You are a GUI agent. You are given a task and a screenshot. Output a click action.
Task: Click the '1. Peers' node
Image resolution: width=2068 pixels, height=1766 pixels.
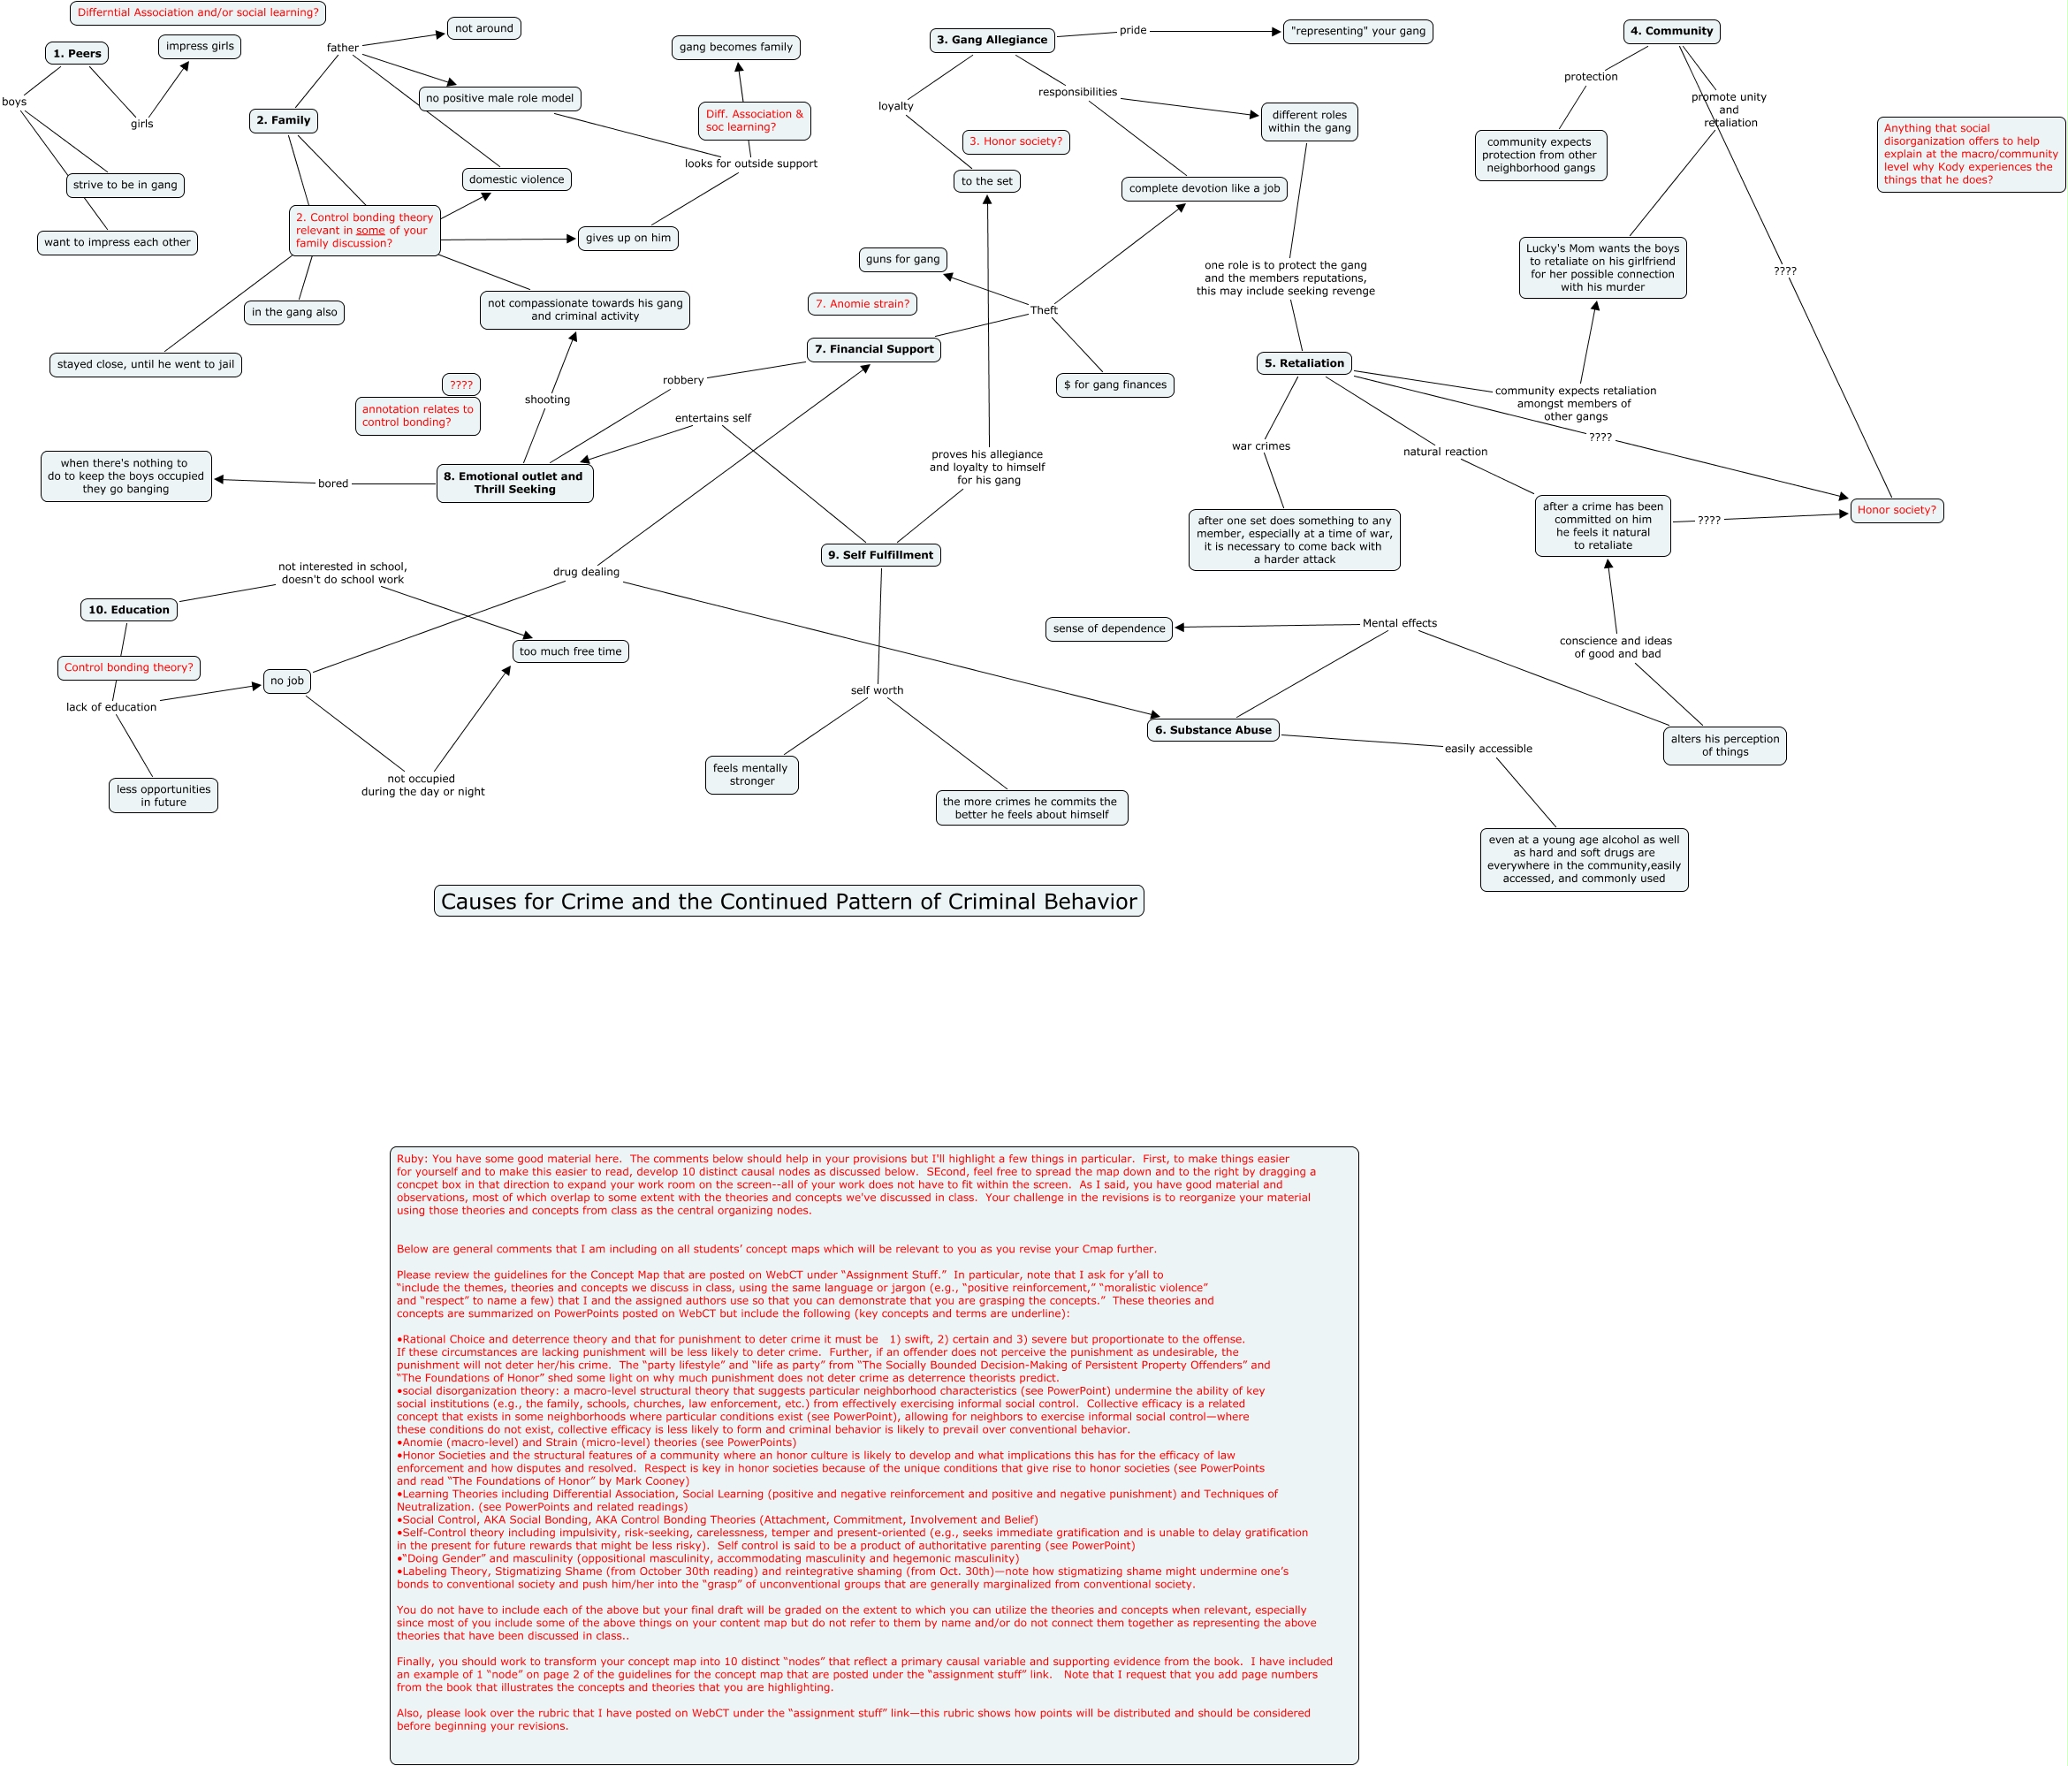click(x=77, y=53)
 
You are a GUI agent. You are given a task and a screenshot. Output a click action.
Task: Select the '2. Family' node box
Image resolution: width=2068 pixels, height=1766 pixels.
click(x=284, y=120)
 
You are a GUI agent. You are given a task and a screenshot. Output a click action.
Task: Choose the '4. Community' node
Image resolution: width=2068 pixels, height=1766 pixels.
click(x=1671, y=31)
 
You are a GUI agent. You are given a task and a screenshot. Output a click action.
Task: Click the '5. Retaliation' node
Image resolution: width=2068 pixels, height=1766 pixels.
click(x=1304, y=363)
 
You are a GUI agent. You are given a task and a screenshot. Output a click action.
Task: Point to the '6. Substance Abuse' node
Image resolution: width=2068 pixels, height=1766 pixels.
click(x=1213, y=730)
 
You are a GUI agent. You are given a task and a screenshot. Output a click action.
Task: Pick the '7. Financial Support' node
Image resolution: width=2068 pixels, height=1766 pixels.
click(x=873, y=349)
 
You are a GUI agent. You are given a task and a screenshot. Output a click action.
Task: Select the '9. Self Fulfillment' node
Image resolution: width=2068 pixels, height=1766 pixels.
click(x=880, y=555)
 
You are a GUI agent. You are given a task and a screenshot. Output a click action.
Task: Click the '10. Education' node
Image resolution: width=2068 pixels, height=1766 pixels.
click(x=129, y=610)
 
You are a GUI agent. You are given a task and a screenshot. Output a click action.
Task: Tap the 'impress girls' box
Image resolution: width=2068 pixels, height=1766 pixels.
click(x=200, y=46)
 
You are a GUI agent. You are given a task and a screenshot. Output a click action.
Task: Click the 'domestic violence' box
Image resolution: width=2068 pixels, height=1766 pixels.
click(x=516, y=179)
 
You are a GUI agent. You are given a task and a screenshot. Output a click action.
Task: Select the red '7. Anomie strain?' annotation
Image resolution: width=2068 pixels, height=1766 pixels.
click(x=863, y=303)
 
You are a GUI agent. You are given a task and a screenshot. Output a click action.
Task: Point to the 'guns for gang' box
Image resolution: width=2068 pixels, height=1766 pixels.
click(x=902, y=260)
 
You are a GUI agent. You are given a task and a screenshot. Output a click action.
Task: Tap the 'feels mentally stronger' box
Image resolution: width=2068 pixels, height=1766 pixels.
click(x=750, y=774)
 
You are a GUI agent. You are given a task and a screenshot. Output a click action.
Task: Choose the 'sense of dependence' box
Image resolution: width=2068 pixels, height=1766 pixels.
click(x=1109, y=629)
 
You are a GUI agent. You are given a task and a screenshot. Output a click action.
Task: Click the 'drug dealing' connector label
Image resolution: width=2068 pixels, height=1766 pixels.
click(x=586, y=572)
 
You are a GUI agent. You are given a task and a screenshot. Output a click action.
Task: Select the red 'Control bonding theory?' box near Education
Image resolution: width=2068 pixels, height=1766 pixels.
click(x=129, y=668)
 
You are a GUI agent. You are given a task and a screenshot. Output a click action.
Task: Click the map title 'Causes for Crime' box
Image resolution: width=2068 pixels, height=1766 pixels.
click(x=788, y=902)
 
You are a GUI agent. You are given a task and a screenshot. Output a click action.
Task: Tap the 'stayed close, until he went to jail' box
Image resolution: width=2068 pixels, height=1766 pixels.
click(x=146, y=364)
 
